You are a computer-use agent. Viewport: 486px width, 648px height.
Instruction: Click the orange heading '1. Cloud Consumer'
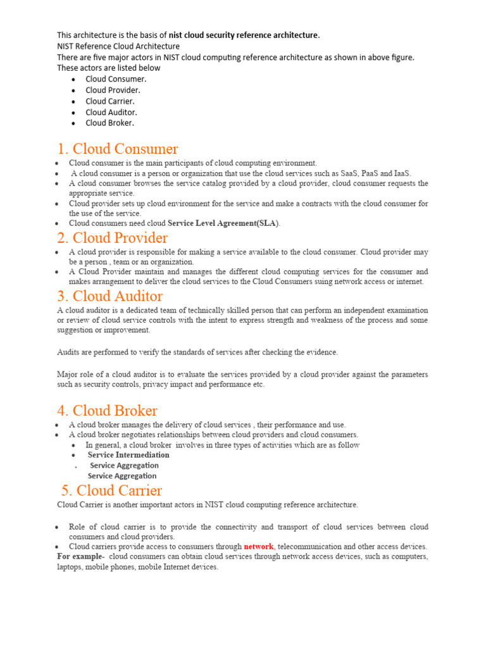tap(117, 149)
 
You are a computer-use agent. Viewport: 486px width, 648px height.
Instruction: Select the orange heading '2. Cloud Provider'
tap(112, 239)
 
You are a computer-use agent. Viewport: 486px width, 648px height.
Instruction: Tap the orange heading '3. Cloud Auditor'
tap(109, 296)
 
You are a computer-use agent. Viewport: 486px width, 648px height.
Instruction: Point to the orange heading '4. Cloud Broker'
tap(107, 411)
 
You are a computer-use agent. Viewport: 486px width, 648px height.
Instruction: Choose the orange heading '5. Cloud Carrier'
tap(111, 490)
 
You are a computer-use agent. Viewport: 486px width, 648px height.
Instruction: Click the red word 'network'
tap(259, 546)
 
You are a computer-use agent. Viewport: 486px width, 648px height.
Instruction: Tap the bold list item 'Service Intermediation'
tap(128, 455)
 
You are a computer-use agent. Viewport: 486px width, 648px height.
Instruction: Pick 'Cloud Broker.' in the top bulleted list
tap(109, 123)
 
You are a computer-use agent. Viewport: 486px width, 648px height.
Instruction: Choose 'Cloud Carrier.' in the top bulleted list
tap(110, 101)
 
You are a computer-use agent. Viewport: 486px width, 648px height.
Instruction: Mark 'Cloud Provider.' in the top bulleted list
tap(113, 90)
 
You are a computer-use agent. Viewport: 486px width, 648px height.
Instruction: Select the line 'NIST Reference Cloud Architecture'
tap(118, 46)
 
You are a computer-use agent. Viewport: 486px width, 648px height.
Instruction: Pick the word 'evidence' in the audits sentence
tap(322, 352)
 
